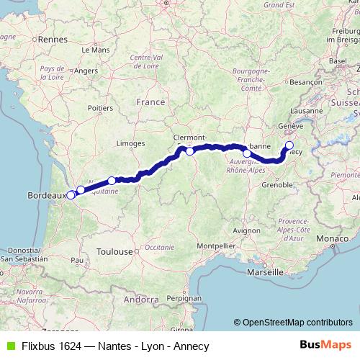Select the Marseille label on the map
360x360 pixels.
(264, 273)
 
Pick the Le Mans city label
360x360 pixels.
(95, 50)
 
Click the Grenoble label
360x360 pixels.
(277, 184)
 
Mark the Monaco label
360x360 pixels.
(336, 238)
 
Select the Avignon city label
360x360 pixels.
(245, 230)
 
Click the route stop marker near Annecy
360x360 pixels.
(289, 146)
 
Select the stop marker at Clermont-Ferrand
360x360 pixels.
(189, 151)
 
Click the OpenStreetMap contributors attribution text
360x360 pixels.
(297, 323)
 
